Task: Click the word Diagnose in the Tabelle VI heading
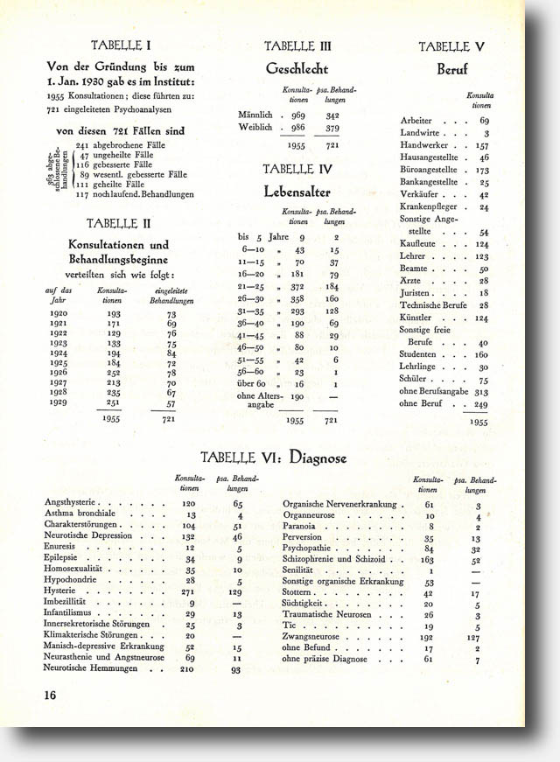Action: click(x=318, y=458)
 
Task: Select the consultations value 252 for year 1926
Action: click(x=113, y=371)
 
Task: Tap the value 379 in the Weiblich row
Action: click(x=332, y=127)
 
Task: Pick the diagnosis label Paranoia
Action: click(x=299, y=527)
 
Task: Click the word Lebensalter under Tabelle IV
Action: click(x=298, y=190)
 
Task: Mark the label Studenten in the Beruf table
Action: click(x=420, y=354)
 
